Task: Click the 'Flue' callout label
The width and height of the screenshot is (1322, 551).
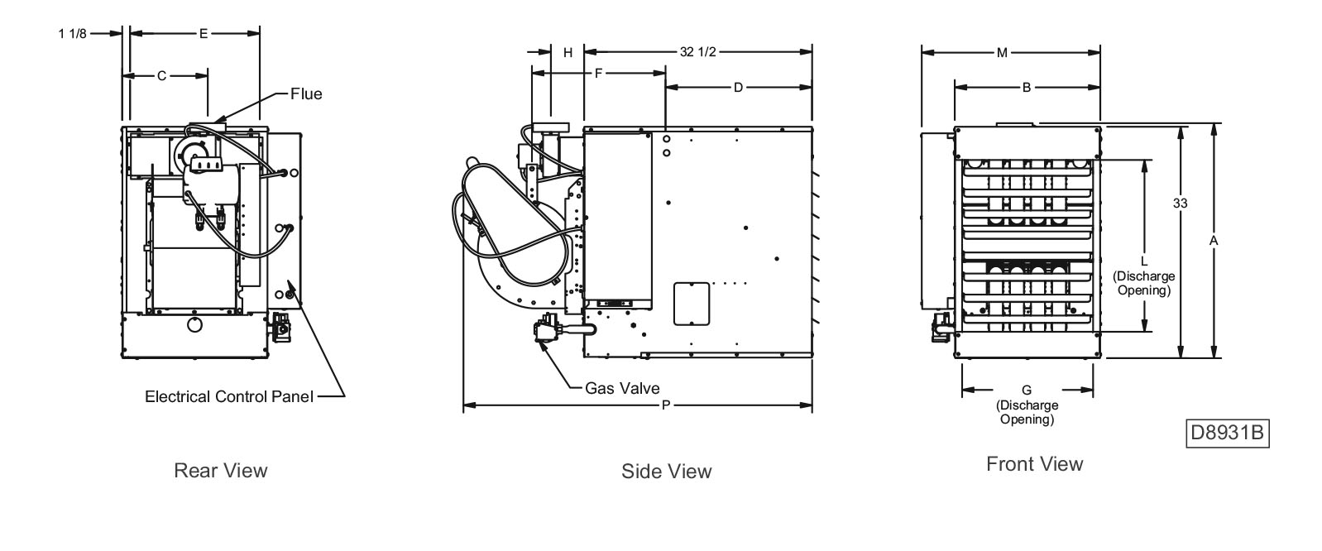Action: tap(305, 93)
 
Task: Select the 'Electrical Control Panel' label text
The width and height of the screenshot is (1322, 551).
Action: tap(229, 396)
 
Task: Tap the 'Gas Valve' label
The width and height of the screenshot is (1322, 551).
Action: tap(622, 387)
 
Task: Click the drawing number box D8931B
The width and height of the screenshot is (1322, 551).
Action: tap(1228, 434)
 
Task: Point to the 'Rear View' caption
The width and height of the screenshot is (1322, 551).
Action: tap(221, 470)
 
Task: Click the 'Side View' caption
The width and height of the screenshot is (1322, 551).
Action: tap(666, 471)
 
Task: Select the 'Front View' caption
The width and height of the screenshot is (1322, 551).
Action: tap(1034, 463)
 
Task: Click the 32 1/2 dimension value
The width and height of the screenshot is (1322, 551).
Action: tap(698, 52)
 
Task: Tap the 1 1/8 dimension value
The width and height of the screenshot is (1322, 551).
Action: tap(73, 34)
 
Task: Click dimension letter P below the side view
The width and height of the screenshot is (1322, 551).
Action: tap(666, 405)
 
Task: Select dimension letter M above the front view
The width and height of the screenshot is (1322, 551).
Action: tap(1002, 52)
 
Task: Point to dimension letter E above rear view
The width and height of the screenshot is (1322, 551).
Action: tap(203, 34)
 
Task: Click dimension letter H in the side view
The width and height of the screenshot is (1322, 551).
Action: tap(568, 52)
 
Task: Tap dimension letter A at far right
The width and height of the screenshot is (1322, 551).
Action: tap(1214, 240)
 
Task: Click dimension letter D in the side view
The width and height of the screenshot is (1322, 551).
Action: tap(738, 87)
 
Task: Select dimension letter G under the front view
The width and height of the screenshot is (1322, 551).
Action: tap(1027, 390)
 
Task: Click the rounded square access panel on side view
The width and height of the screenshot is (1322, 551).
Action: tap(692, 304)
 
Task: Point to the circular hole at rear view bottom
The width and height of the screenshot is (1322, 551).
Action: tap(194, 324)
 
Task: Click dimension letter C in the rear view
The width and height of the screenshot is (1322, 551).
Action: tap(162, 75)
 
